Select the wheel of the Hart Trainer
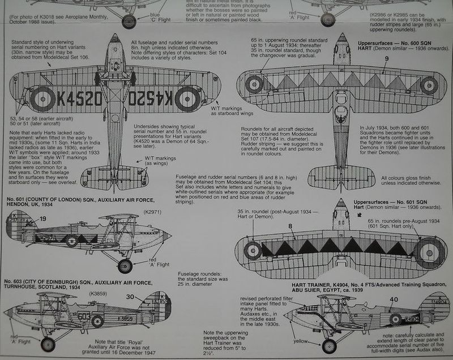pos(328,345)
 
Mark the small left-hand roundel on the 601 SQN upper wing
pos(253,250)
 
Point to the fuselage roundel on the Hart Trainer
pos(395,319)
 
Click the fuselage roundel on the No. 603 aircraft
pos(98,321)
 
